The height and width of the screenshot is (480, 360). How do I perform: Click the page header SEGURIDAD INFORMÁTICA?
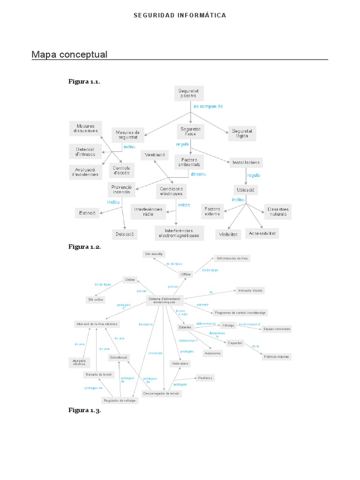[180, 15]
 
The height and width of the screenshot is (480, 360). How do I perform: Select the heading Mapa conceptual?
[69, 55]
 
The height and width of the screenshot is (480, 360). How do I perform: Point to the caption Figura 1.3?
[84, 411]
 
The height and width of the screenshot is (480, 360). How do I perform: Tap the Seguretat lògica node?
[242, 134]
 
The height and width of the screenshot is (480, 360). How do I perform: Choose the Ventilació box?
[155, 155]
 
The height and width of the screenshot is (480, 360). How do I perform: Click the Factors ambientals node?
[190, 162]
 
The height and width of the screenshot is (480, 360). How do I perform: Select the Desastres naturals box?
[277, 211]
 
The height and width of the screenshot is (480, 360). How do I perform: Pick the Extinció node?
[87, 213]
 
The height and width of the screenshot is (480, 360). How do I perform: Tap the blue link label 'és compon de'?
[208, 106]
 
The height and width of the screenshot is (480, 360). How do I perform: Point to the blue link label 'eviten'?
[183, 205]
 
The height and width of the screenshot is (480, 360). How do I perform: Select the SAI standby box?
[154, 254]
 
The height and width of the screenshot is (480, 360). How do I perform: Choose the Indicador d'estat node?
[250, 290]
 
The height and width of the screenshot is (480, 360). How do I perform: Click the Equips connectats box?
[277, 329]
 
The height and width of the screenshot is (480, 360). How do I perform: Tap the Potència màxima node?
[277, 357]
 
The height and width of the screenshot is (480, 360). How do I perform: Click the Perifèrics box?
[205, 377]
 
